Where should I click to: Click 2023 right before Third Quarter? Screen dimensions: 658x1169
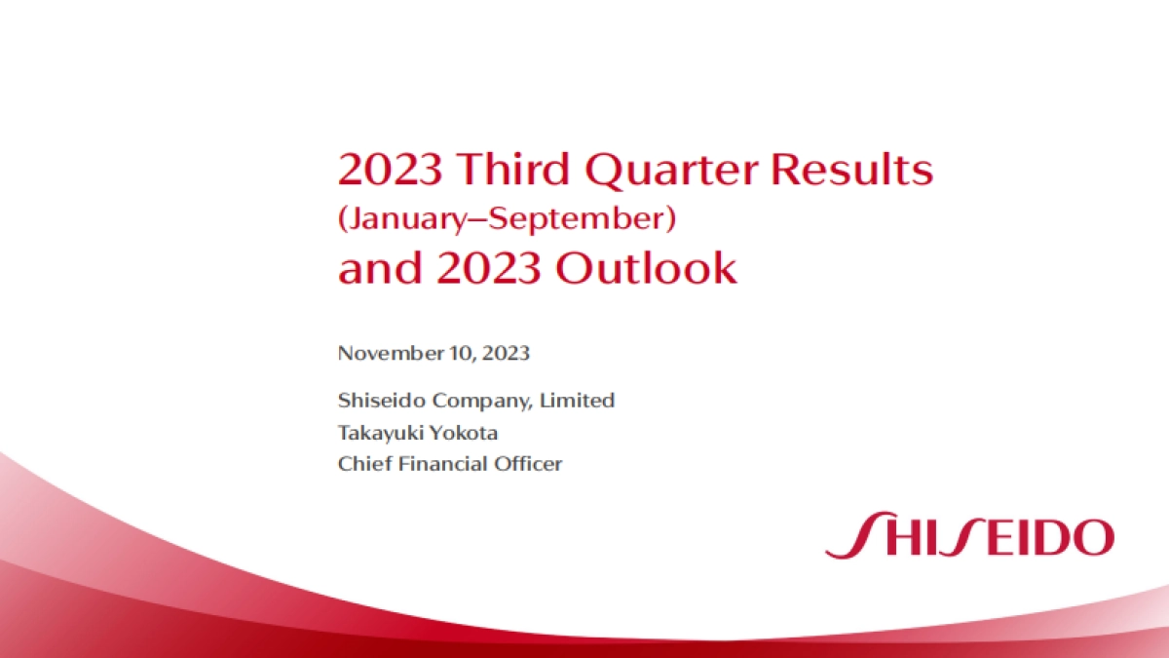391,170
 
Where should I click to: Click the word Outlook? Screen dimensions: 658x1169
646,268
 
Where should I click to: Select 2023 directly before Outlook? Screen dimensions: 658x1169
488,268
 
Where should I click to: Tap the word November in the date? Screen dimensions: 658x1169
388,353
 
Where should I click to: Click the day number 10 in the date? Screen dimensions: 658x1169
458,353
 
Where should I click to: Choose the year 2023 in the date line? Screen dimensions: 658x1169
507,353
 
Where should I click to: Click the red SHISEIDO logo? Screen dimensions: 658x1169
968,536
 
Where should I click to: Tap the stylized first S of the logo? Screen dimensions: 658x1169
849,536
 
